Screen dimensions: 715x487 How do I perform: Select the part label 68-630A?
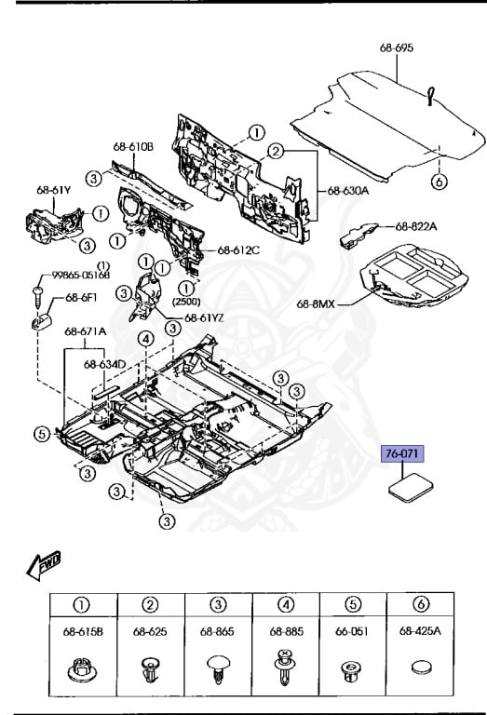click(347, 192)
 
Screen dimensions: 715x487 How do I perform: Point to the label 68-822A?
click(416, 225)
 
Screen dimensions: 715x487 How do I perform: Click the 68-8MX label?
click(318, 303)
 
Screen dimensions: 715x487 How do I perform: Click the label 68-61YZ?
click(205, 317)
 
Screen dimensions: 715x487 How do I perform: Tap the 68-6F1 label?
click(80, 298)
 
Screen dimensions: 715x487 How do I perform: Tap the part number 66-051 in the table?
click(354, 631)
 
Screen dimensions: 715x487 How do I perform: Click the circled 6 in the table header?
click(422, 605)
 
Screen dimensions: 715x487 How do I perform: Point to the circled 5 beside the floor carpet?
click(41, 432)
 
